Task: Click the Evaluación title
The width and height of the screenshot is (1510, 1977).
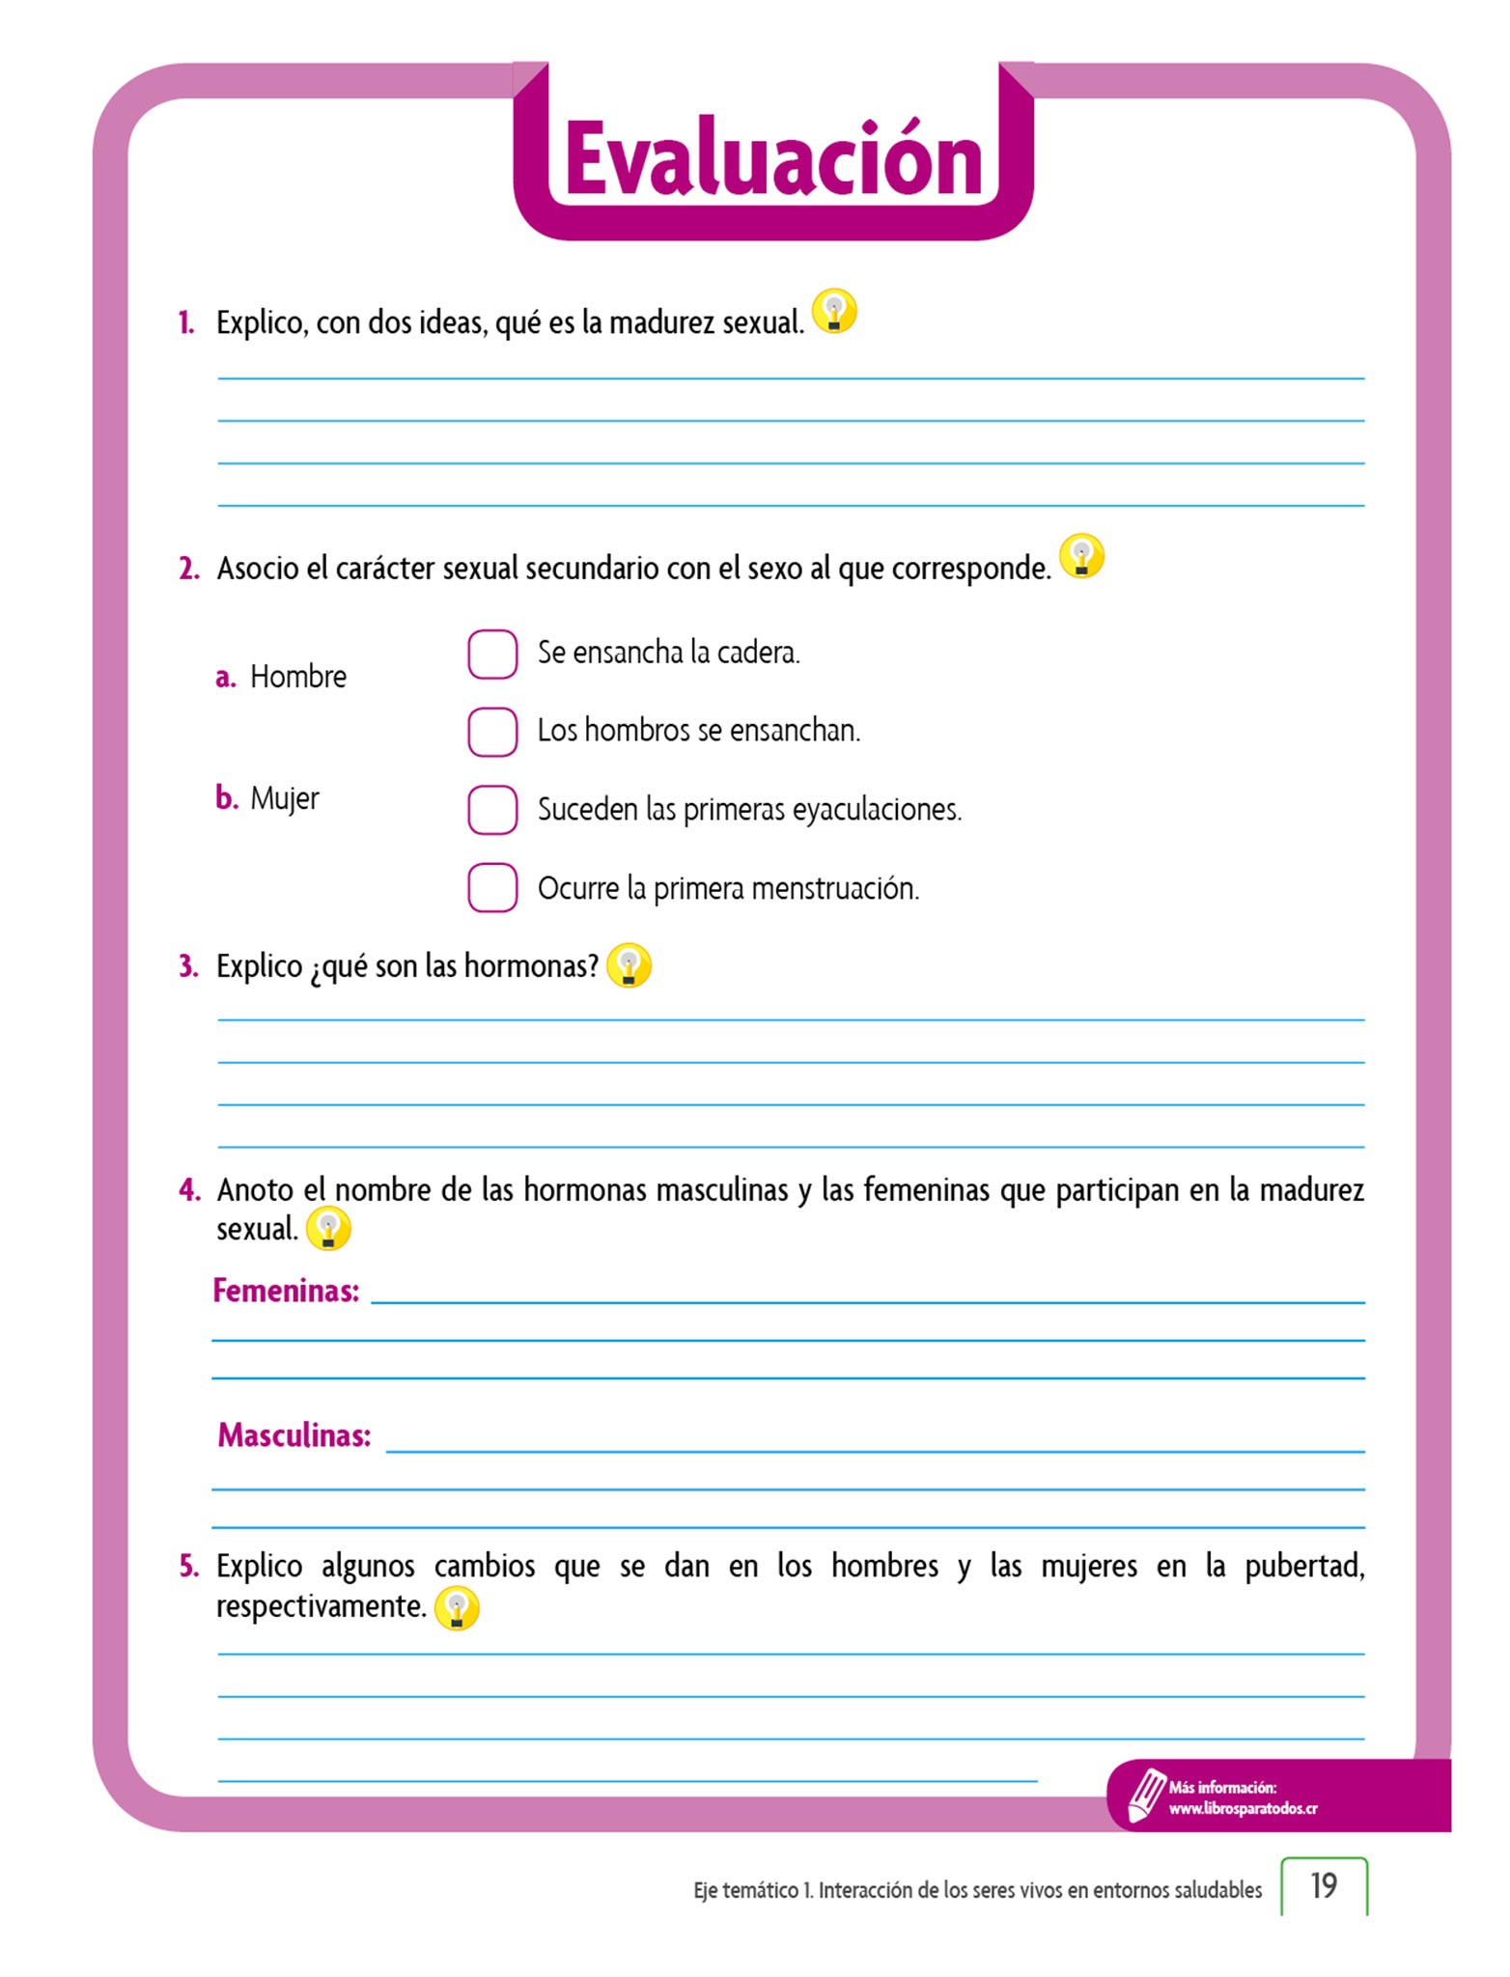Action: (773, 159)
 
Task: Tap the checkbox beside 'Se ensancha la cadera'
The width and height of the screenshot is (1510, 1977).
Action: (492, 654)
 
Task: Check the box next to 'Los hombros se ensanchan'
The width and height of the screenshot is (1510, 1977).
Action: (492, 732)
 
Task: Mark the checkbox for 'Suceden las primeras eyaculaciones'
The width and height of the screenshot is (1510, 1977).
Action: (492, 809)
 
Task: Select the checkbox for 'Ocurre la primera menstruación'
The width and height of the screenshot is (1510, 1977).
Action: (492, 887)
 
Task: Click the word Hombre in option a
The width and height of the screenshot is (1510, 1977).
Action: (297, 677)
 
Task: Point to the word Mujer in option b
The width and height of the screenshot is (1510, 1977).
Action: (284, 798)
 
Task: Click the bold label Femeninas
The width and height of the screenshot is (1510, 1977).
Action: (286, 1291)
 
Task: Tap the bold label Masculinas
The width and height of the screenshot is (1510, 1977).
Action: (294, 1435)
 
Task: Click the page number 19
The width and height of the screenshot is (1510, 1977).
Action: (1324, 1885)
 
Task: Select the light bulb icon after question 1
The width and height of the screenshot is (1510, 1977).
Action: (834, 312)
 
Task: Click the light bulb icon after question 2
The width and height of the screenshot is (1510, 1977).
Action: (1081, 557)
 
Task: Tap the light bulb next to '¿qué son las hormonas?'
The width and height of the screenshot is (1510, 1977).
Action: (629, 965)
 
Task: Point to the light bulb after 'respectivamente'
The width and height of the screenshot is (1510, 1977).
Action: (457, 1608)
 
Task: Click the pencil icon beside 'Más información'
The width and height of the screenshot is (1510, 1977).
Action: (1146, 1796)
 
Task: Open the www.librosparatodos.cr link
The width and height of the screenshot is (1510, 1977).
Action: (1243, 1808)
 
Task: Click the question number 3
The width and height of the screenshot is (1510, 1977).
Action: (188, 966)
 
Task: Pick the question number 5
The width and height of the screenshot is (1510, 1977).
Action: (188, 1566)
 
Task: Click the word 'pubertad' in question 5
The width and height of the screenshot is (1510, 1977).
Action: (1303, 1566)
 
